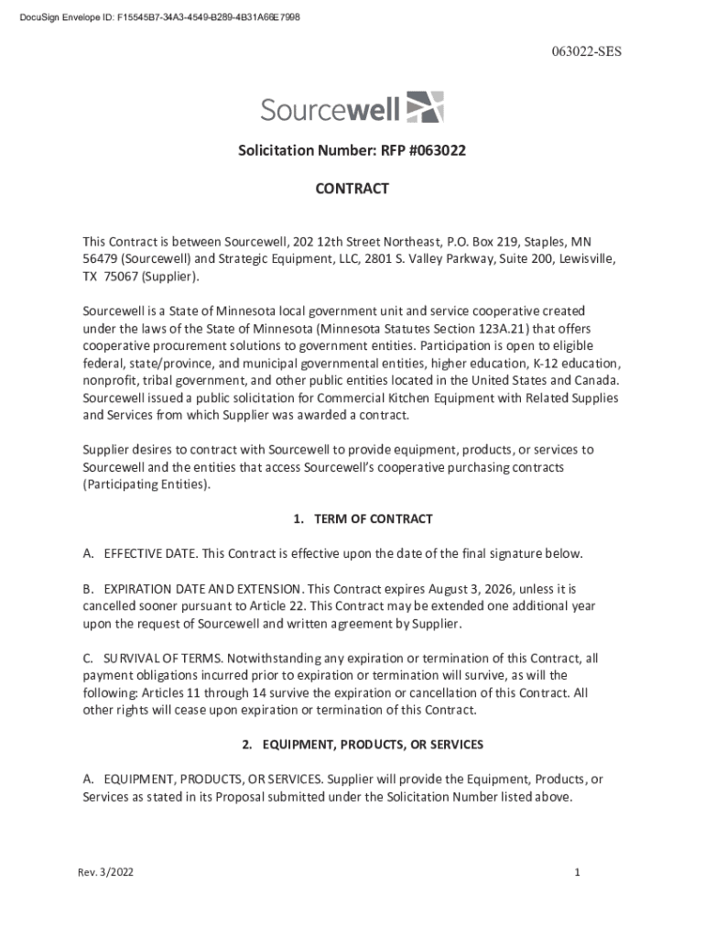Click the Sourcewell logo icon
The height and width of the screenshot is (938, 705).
[424, 107]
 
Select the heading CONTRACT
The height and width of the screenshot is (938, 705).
[352, 189]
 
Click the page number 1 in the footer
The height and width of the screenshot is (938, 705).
[578, 873]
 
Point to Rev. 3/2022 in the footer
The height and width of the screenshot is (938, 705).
[105, 873]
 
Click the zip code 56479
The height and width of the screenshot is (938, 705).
[100, 259]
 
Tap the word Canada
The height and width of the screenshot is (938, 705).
[595, 380]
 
